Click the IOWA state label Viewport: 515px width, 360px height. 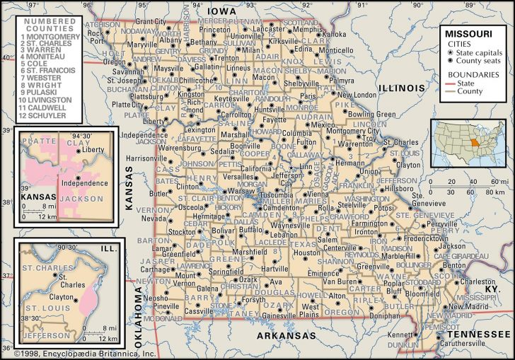tap(222, 11)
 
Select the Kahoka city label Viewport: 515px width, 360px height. tap(335, 33)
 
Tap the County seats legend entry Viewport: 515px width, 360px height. tap(477, 62)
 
